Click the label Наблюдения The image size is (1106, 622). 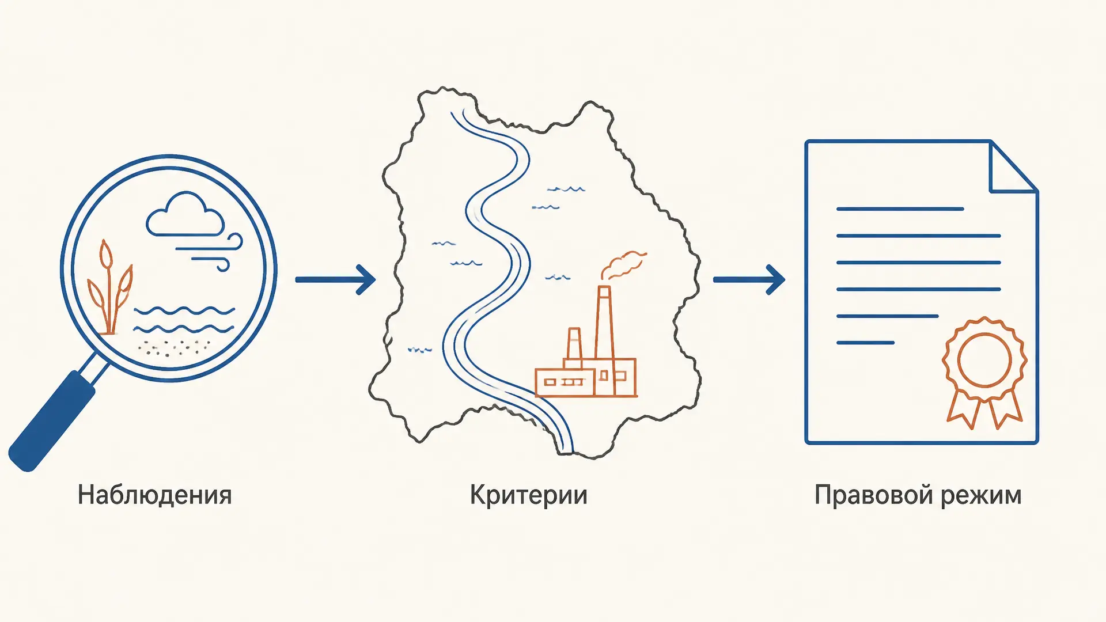point(155,495)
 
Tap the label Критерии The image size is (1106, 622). point(529,495)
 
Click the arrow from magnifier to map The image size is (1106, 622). point(335,280)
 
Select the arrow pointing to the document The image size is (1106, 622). point(749,280)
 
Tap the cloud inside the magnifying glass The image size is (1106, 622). point(185,215)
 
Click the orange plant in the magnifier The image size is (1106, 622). point(109,288)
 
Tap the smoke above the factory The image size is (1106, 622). point(623,265)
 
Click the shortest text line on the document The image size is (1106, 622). point(865,343)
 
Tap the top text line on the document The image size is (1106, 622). point(900,209)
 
